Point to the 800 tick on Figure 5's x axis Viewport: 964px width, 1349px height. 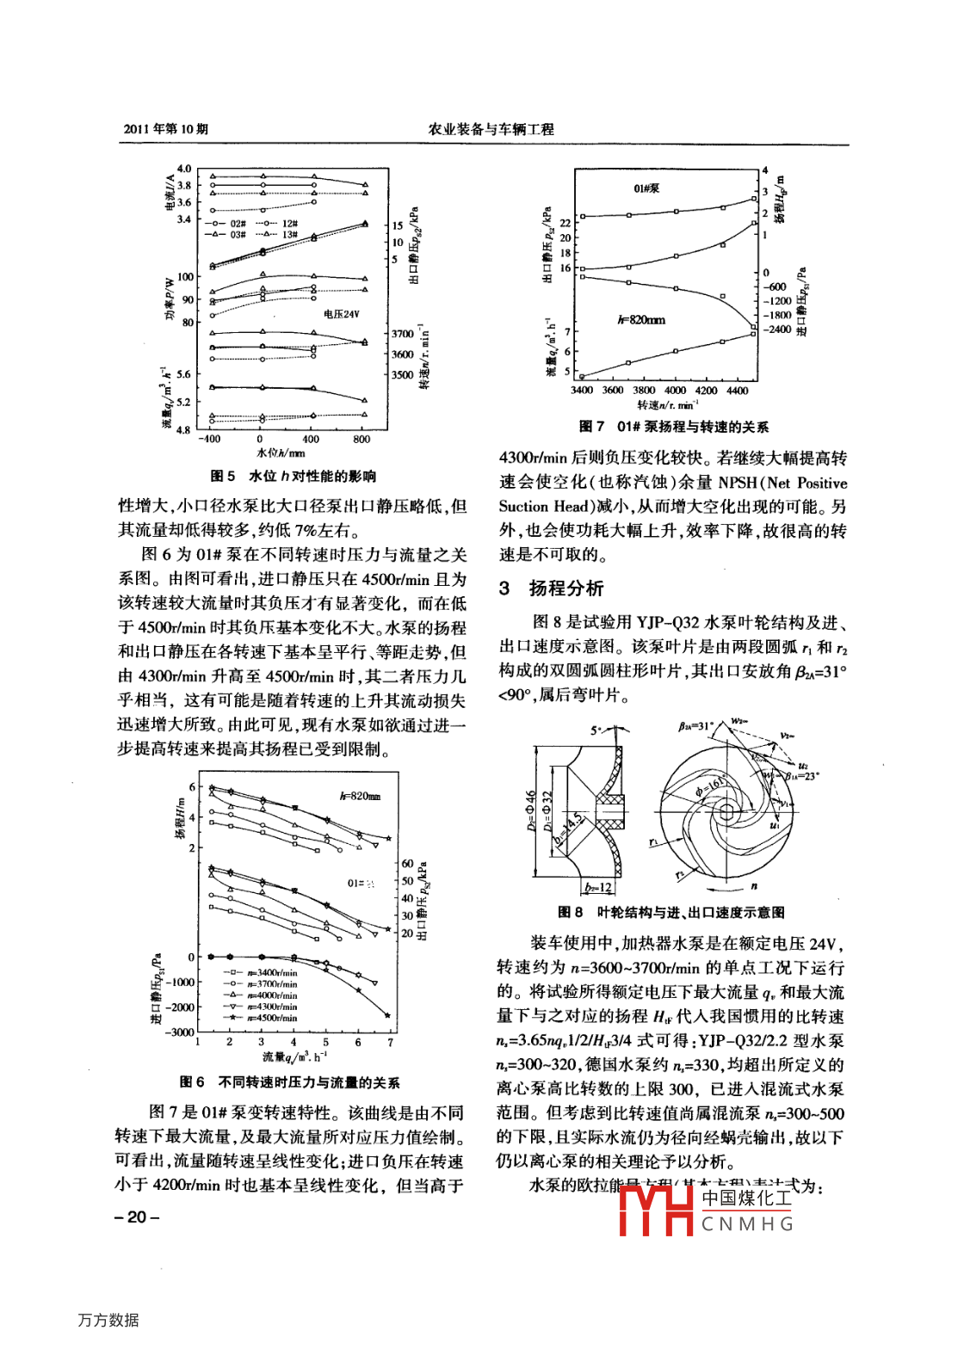tap(361, 440)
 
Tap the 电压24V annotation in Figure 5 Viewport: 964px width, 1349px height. tap(342, 315)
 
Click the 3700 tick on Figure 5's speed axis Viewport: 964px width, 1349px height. tap(403, 334)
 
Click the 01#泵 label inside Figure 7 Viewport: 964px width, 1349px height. tap(646, 188)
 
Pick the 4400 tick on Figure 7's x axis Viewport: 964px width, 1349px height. tap(738, 391)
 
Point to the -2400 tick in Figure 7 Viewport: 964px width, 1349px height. tap(777, 330)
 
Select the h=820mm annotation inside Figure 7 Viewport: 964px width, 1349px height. tap(641, 320)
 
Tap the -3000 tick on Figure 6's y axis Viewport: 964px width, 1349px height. tap(181, 1032)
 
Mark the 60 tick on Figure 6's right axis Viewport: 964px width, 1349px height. tap(407, 863)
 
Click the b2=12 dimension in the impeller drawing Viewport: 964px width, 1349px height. tap(598, 888)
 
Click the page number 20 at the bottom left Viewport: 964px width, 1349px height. tap(137, 1217)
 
